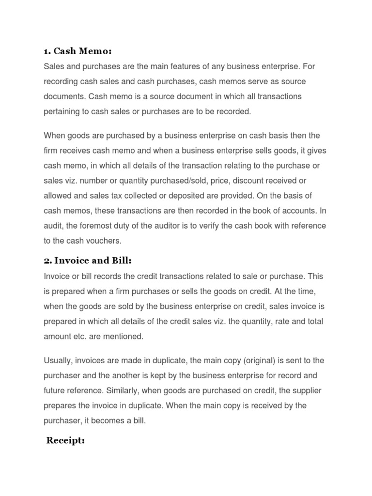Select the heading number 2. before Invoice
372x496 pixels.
tap(47, 261)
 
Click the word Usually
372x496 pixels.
tap(58, 360)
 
